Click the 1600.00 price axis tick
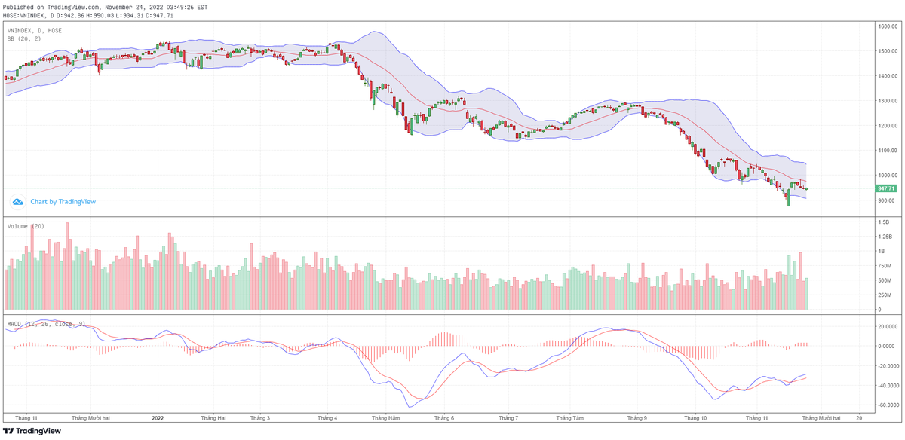(x=886, y=26)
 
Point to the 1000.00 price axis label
(x=886, y=176)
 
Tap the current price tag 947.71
(x=885, y=188)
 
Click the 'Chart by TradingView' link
(x=63, y=202)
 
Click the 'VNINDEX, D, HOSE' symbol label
(x=35, y=30)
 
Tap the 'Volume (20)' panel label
(x=26, y=226)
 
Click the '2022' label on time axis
(x=158, y=417)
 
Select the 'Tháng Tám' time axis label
(x=569, y=417)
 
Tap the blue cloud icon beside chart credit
(x=17, y=202)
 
